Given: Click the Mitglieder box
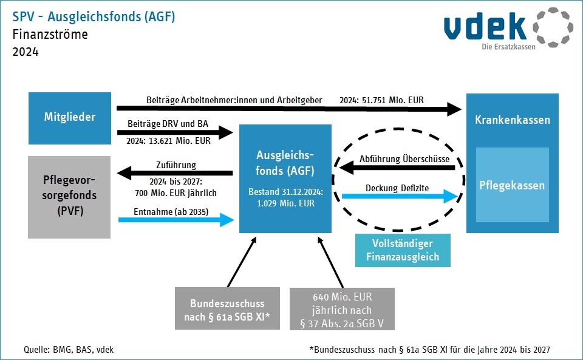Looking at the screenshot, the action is (x=70, y=118).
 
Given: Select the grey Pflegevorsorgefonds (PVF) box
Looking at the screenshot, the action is (x=69, y=197).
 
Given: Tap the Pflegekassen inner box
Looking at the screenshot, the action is (x=513, y=185).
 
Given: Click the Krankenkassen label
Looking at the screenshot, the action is (x=513, y=120).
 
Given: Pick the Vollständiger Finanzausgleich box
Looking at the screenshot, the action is (x=403, y=250).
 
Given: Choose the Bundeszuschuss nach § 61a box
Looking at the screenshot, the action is (x=227, y=308).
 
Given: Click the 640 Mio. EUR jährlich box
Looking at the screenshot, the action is (x=342, y=309).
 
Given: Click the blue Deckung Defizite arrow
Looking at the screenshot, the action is (x=400, y=196).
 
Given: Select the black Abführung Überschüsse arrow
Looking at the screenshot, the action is (x=397, y=168).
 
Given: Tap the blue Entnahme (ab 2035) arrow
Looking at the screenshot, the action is (x=176, y=220).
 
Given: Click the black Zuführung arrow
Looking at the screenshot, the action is (x=175, y=173).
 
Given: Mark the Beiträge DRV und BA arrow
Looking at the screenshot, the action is (x=175, y=132).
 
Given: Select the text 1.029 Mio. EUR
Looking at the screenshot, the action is (x=285, y=203).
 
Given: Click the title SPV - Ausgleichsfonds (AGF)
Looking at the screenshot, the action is (x=94, y=17).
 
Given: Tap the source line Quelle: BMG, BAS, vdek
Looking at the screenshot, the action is (x=69, y=350).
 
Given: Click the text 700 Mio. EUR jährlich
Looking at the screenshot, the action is (x=176, y=193).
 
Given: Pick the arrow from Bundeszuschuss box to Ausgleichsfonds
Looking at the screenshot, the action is (x=242, y=262).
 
